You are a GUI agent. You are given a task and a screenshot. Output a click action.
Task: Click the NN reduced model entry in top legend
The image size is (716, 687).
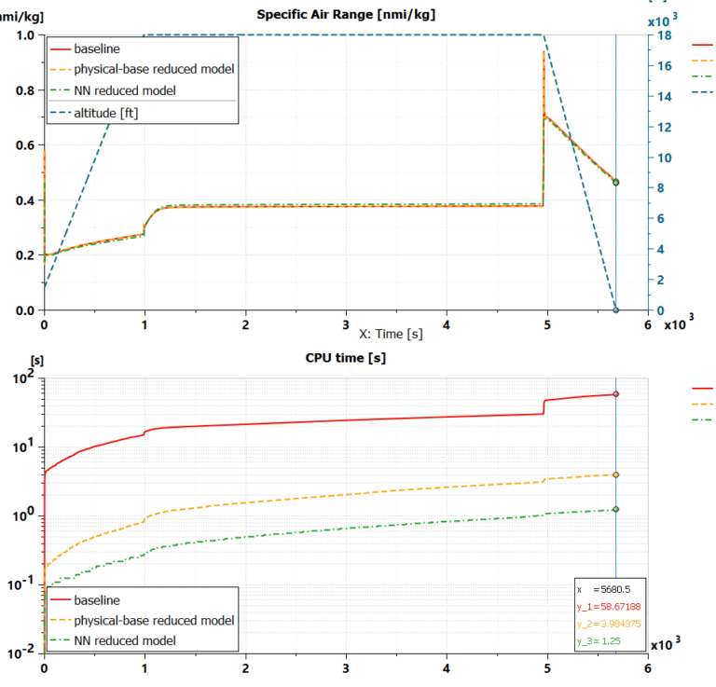coord(125,90)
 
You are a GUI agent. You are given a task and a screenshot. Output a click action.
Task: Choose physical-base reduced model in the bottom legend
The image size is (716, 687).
coord(153,620)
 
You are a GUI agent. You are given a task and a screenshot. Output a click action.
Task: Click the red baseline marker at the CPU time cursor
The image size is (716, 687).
coord(615,394)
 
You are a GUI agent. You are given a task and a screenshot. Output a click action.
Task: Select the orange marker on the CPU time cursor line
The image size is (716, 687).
coord(615,474)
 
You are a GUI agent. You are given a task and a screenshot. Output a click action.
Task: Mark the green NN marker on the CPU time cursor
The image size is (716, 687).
coord(615,509)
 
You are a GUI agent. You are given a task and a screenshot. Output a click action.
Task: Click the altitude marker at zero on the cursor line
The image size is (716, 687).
coord(615,310)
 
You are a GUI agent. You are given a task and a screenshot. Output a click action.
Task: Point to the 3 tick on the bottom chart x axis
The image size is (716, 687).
coord(346,668)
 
